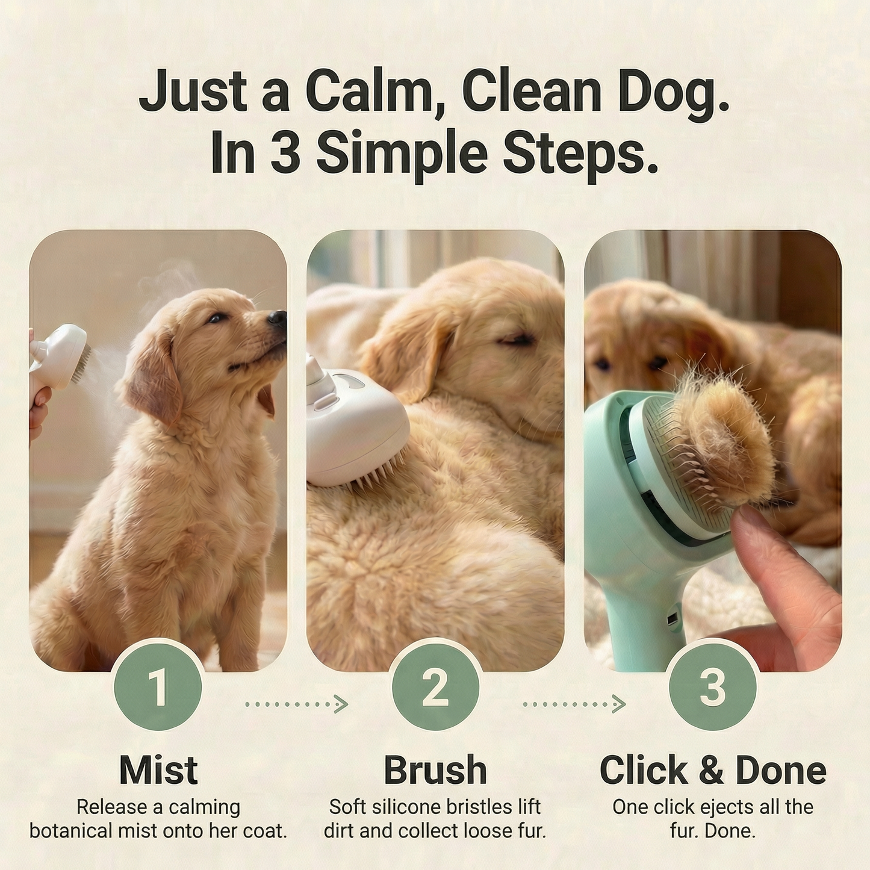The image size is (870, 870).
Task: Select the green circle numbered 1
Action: pyautogui.click(x=158, y=686)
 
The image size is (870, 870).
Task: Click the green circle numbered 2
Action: pyautogui.click(x=435, y=686)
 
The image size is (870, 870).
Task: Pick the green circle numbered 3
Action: pyautogui.click(x=712, y=686)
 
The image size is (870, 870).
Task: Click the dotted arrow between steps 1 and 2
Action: pyautogui.click(x=297, y=703)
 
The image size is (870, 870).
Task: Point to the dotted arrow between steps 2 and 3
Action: pyautogui.click(x=574, y=703)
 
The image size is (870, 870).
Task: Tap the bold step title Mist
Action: pyautogui.click(x=158, y=769)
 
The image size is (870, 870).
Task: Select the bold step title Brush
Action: pyautogui.click(x=435, y=769)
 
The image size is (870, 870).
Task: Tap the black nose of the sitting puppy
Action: pyautogui.click(x=277, y=318)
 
